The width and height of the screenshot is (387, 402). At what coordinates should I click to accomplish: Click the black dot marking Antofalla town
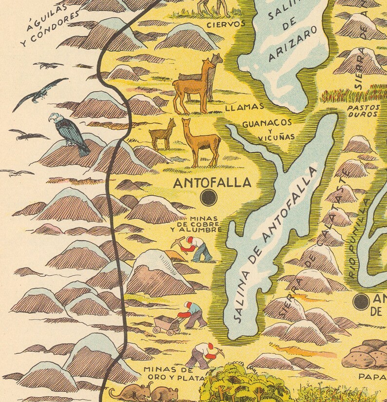pos(209,198)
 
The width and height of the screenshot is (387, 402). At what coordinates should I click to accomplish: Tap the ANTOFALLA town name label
pos(212,183)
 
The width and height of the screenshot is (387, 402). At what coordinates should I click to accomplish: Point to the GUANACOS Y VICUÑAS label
pos(268,129)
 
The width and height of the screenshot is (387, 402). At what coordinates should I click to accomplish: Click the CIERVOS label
pos(226,24)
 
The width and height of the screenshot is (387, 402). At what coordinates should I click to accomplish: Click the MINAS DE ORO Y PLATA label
pos(166,373)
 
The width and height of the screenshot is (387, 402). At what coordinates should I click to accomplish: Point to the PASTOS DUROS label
pos(363,110)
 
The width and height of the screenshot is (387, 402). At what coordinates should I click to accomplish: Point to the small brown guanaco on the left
pos(162,134)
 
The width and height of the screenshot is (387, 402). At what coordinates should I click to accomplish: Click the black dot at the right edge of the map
pos(361,302)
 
